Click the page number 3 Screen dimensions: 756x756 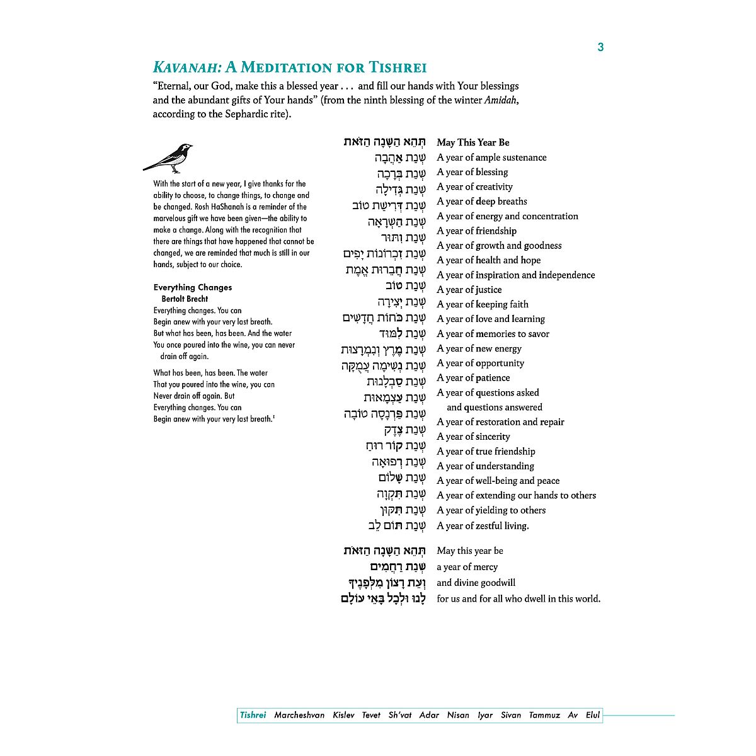600,47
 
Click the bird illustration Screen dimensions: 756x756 168,157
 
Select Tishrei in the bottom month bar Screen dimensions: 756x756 253,715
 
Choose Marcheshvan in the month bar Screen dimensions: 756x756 299,715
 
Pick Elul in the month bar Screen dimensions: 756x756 593,715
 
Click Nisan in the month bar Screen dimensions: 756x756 458,715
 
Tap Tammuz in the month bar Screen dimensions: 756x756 544,715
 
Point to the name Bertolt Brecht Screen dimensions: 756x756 185,299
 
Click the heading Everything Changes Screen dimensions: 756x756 193,287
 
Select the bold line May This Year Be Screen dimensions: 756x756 473,142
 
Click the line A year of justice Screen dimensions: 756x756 469,290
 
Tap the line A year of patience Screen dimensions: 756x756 473,378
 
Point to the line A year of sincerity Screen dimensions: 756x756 473,437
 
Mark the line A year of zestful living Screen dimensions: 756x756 483,525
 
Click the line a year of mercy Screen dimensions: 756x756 467,567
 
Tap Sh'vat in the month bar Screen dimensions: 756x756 400,715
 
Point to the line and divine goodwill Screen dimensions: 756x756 476,583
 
